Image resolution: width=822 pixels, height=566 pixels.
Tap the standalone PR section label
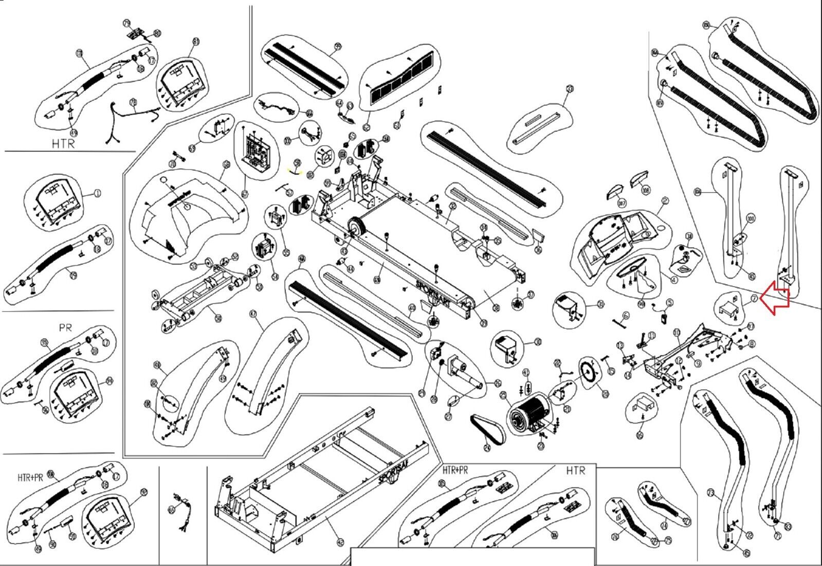[65, 327]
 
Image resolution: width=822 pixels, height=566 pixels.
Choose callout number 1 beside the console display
[98, 194]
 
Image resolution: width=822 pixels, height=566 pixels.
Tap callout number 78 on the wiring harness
[133, 102]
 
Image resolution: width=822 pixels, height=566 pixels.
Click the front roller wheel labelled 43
[353, 228]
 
